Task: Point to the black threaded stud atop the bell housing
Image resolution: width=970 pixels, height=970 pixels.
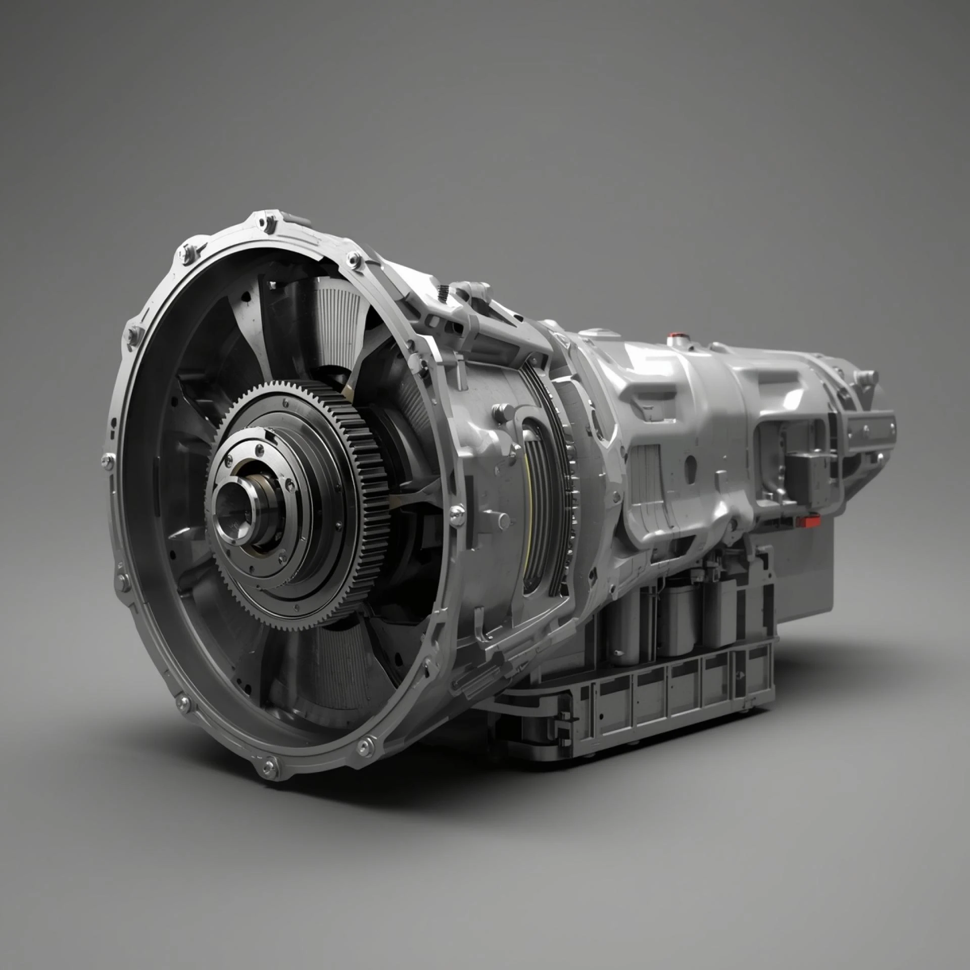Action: tap(443, 292)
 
